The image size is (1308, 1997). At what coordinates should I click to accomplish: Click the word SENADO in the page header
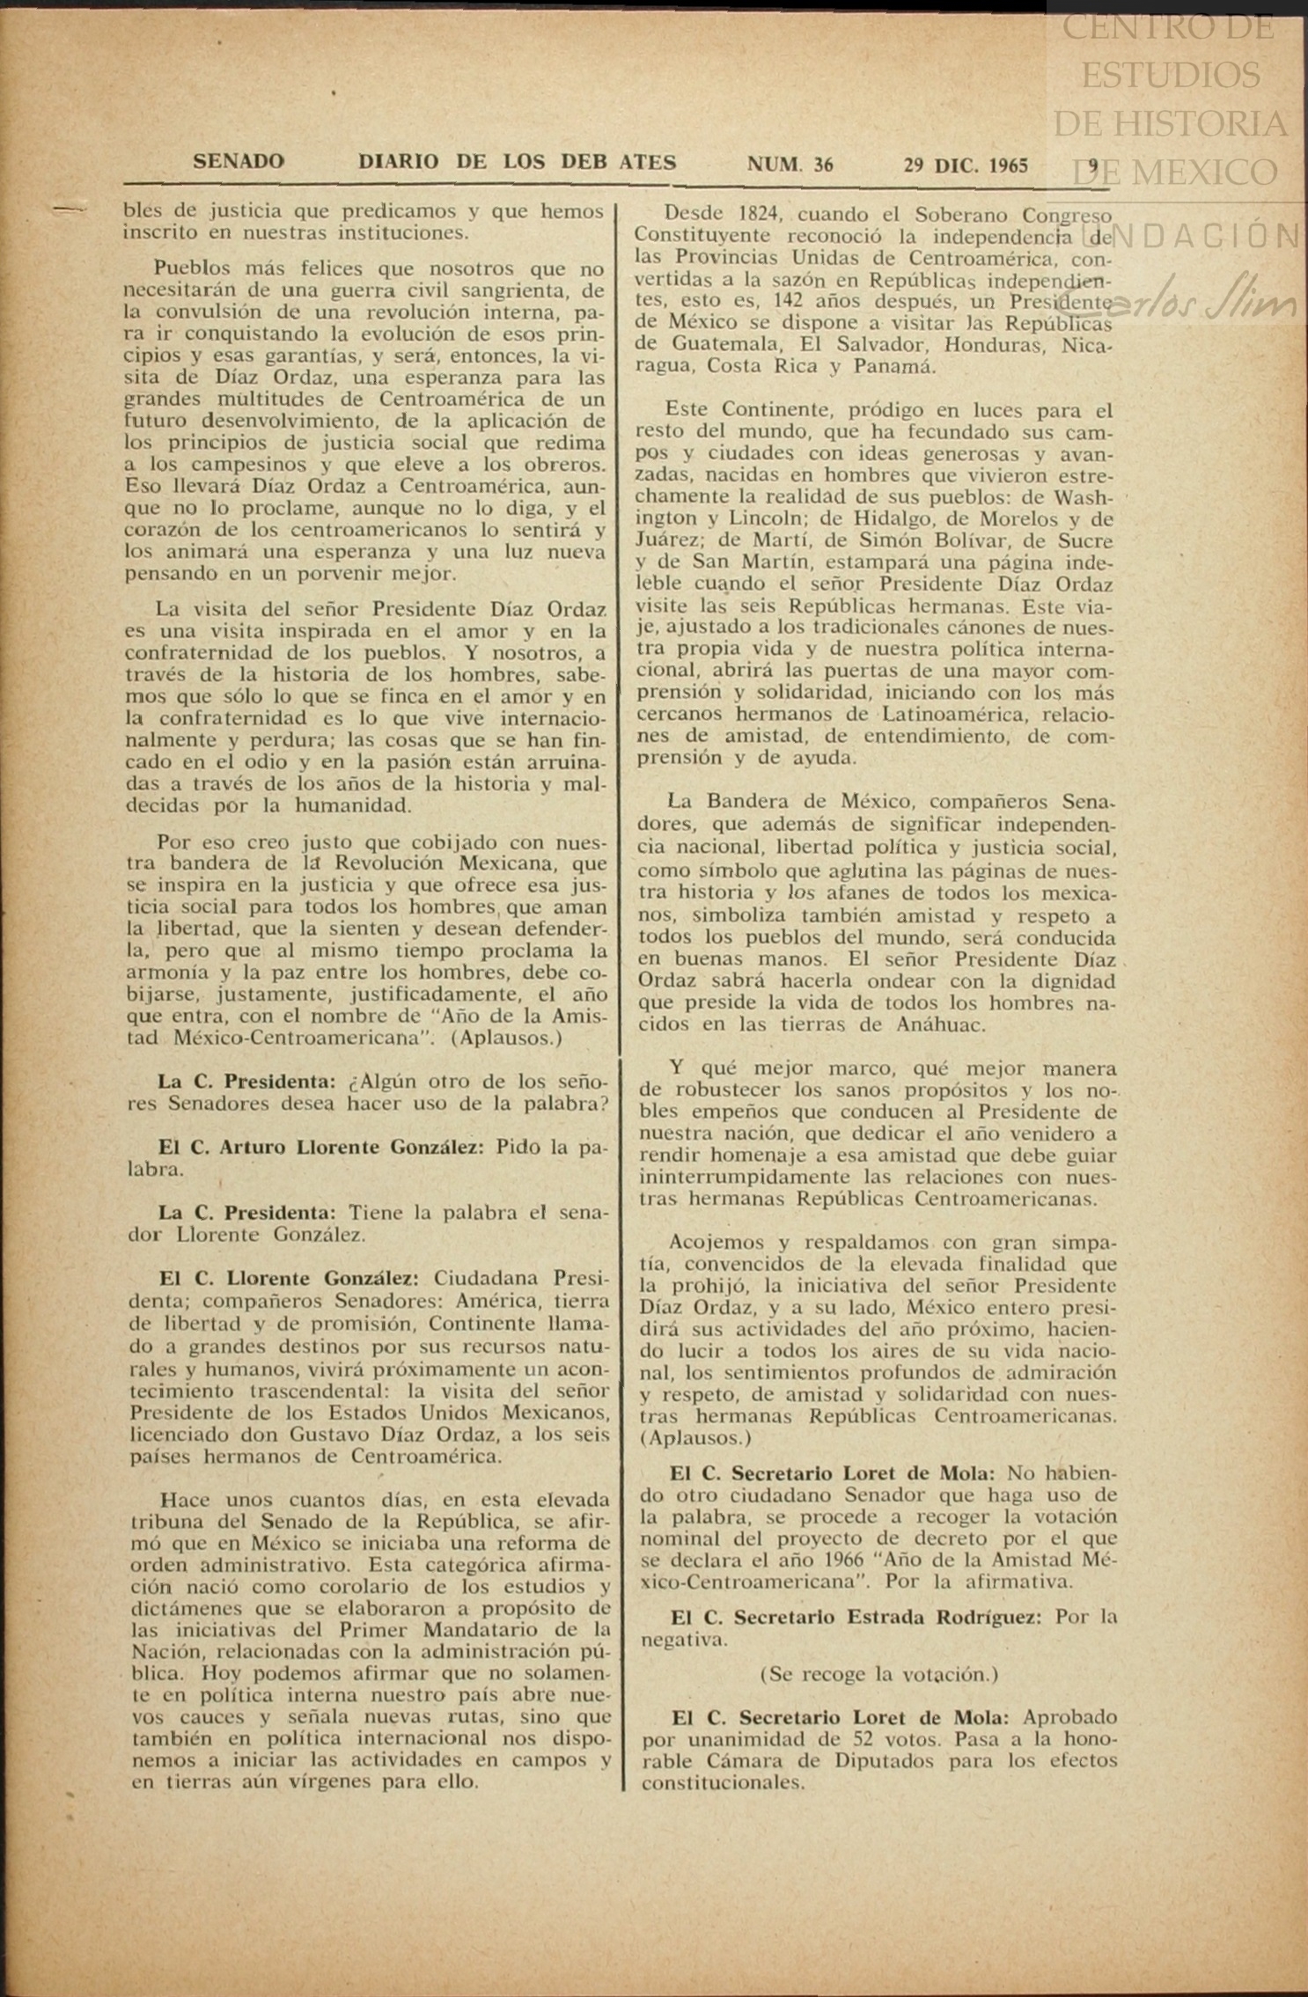point(239,162)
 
